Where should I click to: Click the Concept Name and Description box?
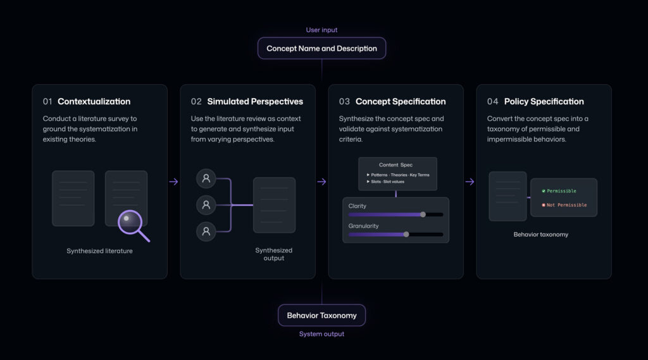[x=321, y=48]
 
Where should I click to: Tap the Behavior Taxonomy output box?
[x=321, y=315]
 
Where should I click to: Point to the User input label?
[x=321, y=30]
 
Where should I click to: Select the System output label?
[x=321, y=334]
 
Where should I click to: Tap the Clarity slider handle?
[x=423, y=214]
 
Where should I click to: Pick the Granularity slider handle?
[x=406, y=234]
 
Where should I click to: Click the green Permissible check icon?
[x=544, y=191]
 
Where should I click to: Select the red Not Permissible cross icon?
[x=544, y=205]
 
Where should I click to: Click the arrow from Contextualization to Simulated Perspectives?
[x=173, y=182]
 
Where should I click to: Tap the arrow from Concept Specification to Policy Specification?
[x=470, y=182]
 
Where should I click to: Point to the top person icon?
[x=206, y=178]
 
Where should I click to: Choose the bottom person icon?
[x=206, y=232]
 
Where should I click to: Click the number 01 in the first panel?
[x=47, y=102]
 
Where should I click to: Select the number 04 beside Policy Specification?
[x=492, y=102]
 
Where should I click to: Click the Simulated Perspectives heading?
[x=255, y=102]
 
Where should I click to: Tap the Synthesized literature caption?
[x=99, y=251]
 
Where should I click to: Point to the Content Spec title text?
[x=396, y=165]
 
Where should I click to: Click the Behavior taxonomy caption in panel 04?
[x=540, y=234]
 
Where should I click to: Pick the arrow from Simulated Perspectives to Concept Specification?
[x=321, y=182]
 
